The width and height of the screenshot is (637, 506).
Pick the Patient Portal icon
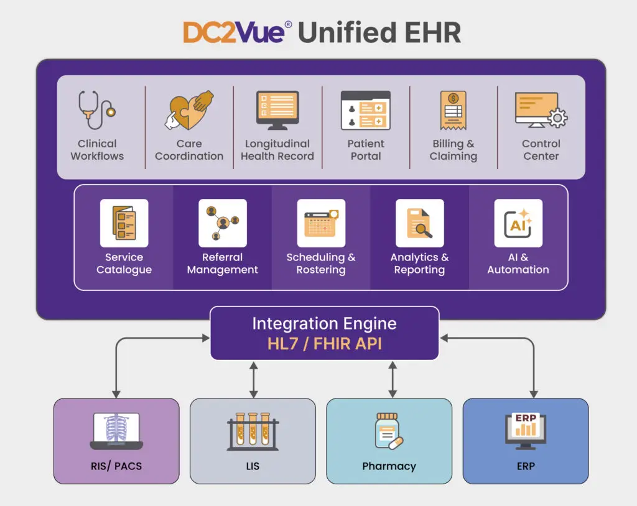365,111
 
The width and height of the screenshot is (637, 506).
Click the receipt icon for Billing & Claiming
453,111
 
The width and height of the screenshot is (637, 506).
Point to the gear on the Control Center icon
556,118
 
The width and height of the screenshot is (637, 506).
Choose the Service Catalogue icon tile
124,223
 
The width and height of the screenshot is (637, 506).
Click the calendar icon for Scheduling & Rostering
321,223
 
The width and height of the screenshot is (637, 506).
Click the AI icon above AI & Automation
518,223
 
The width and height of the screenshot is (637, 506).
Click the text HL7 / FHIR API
324,344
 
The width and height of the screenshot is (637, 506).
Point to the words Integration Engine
324,324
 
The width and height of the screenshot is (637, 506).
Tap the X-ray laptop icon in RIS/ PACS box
116,431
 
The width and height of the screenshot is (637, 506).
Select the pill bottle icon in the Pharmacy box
388,431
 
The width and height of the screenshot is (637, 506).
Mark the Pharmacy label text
389,466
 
